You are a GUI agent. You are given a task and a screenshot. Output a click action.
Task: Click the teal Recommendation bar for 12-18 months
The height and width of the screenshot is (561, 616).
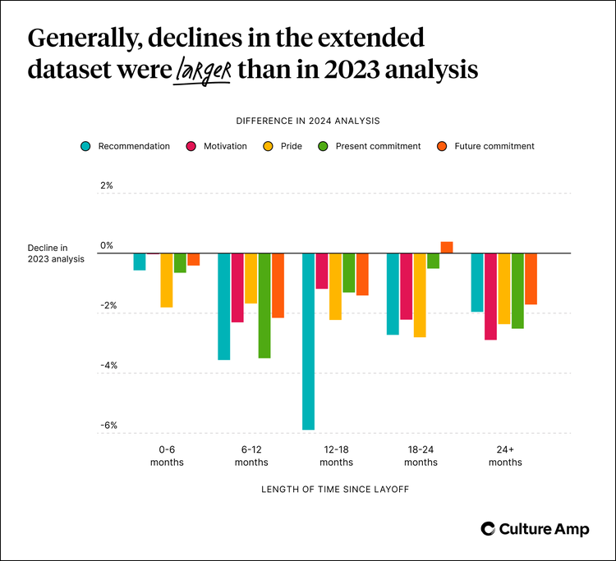(309, 341)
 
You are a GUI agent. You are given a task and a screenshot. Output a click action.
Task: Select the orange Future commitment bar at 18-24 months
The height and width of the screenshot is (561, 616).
(447, 247)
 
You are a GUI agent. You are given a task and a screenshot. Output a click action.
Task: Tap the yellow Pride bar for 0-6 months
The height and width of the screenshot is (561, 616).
(167, 280)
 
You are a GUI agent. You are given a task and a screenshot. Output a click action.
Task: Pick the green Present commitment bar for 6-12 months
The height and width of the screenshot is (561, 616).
(264, 306)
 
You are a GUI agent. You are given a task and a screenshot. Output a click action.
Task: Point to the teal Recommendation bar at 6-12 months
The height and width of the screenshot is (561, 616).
(223, 307)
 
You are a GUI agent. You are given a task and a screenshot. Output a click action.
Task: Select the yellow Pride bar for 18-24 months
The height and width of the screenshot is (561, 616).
(420, 295)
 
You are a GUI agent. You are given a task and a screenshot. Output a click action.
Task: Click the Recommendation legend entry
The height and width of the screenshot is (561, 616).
(125, 146)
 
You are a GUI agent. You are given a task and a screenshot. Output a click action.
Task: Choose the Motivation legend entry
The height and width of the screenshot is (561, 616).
(215, 146)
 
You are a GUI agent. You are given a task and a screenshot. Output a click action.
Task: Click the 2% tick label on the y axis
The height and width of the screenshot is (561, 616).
(107, 186)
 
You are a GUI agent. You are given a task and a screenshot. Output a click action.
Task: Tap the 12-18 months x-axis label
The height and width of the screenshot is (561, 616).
(336, 456)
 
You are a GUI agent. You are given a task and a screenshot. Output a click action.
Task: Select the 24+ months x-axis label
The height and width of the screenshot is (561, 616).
(505, 456)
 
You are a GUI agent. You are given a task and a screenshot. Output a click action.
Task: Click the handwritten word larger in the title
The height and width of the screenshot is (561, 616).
(203, 71)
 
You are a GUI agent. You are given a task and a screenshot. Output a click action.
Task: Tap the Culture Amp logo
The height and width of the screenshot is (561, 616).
(535, 529)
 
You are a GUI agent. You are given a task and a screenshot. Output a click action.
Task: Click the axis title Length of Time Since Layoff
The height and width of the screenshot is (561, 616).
(335, 490)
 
